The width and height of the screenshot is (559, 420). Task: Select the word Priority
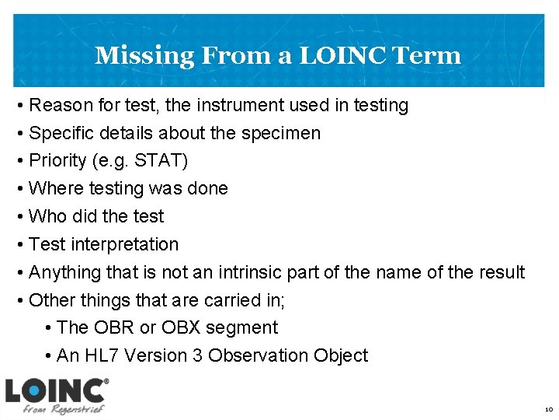point(57,161)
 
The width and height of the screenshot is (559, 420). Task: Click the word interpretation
point(125,244)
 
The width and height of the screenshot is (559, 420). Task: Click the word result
point(501,272)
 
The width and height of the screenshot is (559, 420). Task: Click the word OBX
point(180,328)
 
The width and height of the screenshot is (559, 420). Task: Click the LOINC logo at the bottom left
point(56,395)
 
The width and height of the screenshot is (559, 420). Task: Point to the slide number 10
point(548,409)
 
